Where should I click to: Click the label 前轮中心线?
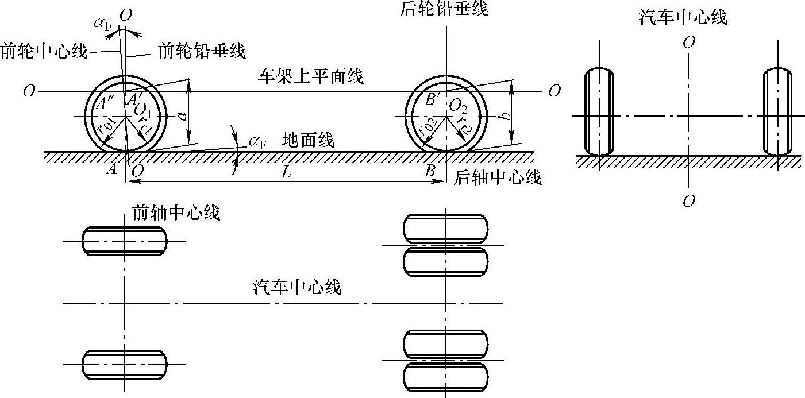tap(44, 52)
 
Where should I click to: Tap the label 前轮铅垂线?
tap(202, 52)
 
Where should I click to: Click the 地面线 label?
tap(309, 140)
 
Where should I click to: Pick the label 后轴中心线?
tap(498, 177)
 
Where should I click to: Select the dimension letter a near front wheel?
tap(182, 115)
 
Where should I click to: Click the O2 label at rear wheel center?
tap(458, 106)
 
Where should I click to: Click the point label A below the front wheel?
tap(113, 169)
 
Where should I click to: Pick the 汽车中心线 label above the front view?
tap(683, 17)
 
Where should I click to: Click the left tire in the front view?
tap(599, 112)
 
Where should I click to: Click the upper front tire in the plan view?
tap(125, 241)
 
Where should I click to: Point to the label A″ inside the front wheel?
tap(105, 104)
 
